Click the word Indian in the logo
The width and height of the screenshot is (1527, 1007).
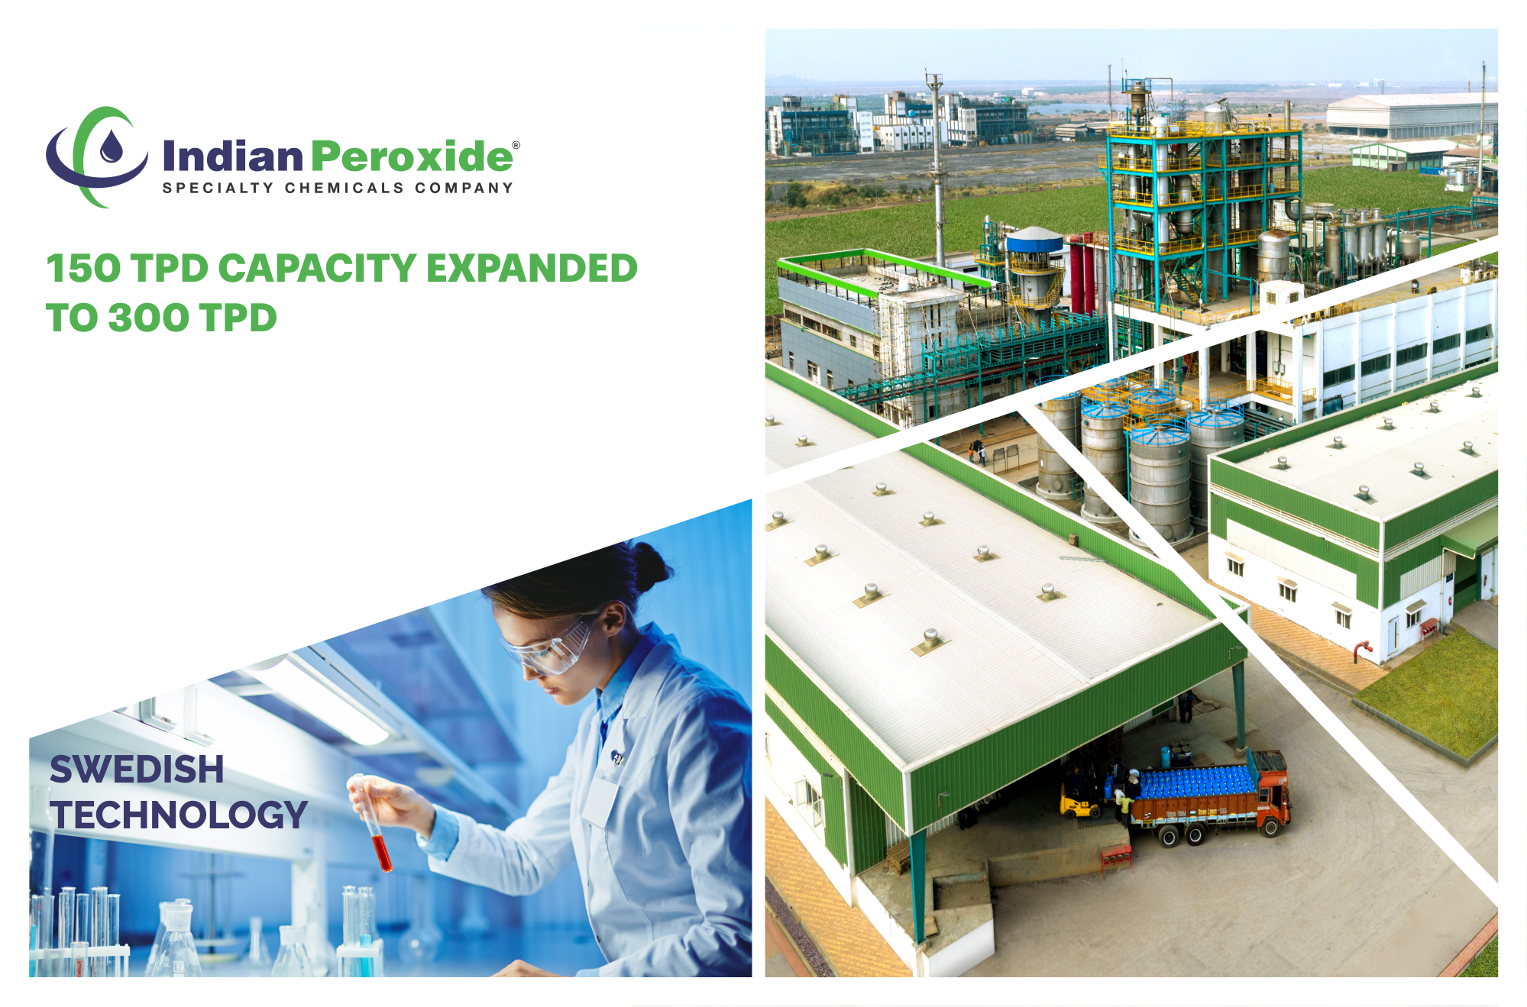233,156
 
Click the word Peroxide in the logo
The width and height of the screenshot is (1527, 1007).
412,156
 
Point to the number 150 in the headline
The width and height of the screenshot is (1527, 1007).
83,269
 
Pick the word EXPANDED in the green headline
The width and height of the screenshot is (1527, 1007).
532,269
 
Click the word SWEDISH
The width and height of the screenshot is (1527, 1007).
137,770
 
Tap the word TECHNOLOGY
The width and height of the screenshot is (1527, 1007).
179,815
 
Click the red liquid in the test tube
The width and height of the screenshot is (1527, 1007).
381,854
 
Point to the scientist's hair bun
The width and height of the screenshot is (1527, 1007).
651,565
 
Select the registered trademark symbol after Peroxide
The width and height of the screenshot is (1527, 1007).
516,145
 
